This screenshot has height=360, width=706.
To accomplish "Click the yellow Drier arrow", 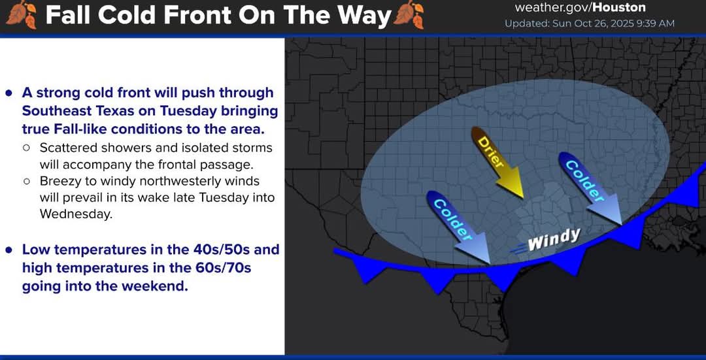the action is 497,162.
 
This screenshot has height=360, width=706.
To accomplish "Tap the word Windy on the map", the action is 554,239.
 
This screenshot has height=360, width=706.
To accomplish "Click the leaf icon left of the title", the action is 22,15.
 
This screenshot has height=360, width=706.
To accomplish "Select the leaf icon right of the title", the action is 409,15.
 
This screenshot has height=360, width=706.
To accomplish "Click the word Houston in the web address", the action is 620,7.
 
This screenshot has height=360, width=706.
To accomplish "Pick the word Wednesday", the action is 75,214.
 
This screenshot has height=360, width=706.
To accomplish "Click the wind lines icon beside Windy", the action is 517,248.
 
